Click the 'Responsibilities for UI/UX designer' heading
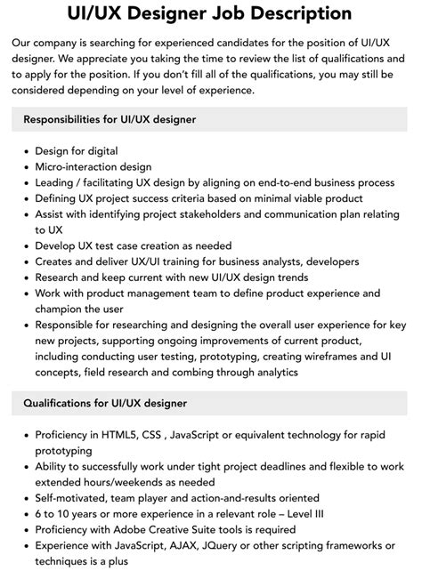pos(110,118)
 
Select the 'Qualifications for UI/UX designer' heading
pos(105,403)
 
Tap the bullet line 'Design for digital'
pos(77,150)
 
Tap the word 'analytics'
pos(268,372)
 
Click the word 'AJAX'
pos(199,546)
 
